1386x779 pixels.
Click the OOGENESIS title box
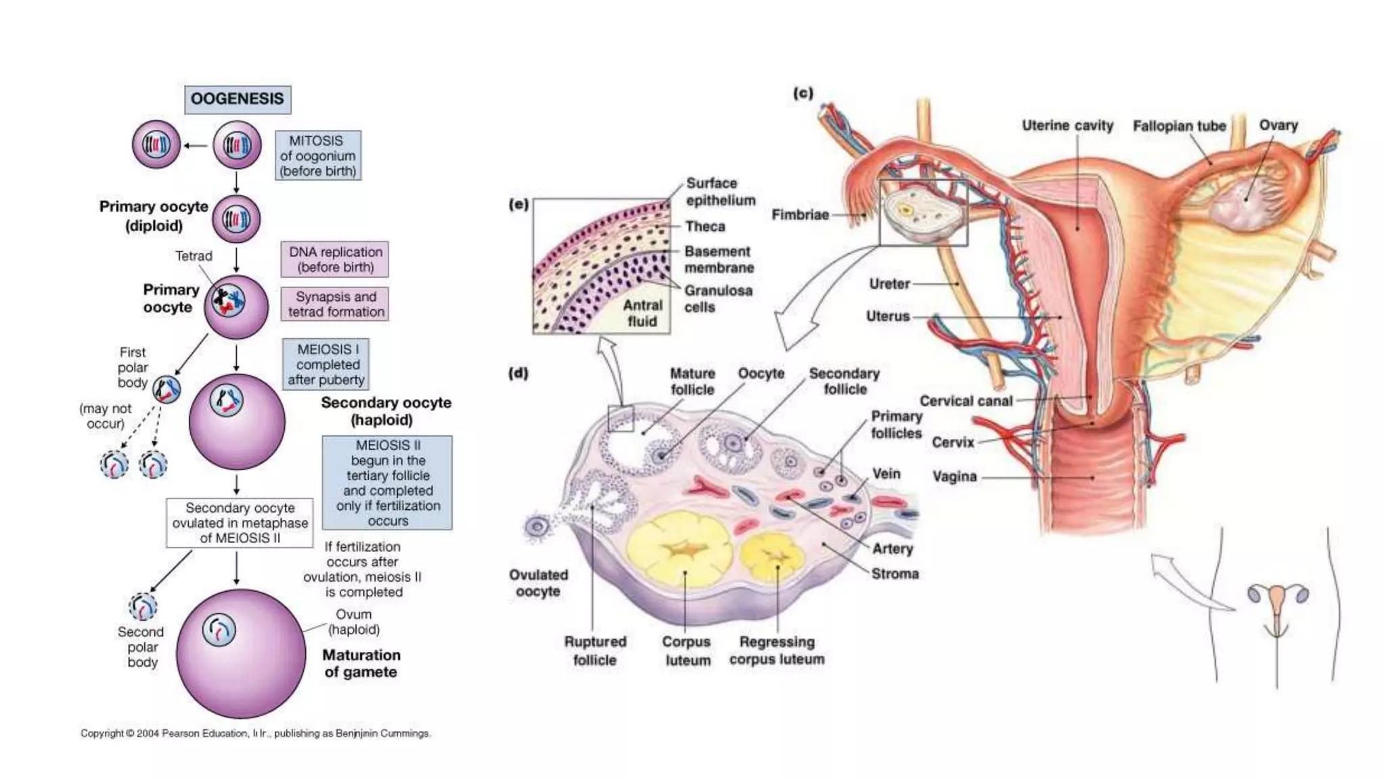point(238,99)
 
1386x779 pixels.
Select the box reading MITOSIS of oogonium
point(318,156)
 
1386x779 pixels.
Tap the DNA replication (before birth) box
point(335,259)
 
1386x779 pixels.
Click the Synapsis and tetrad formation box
point(335,304)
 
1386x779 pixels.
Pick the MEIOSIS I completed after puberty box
point(326,364)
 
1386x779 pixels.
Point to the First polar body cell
point(166,389)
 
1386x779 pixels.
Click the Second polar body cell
point(143,607)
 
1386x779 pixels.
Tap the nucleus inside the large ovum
point(219,630)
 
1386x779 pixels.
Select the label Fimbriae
point(800,214)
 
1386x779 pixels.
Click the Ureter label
point(889,284)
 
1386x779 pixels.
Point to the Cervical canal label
point(966,401)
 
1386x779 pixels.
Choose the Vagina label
point(954,477)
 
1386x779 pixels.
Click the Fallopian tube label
point(1180,126)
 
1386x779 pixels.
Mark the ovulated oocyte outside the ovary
point(537,526)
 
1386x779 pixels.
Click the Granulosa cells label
point(717,299)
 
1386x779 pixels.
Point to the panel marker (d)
point(518,373)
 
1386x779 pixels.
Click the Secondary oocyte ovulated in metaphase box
point(240,523)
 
